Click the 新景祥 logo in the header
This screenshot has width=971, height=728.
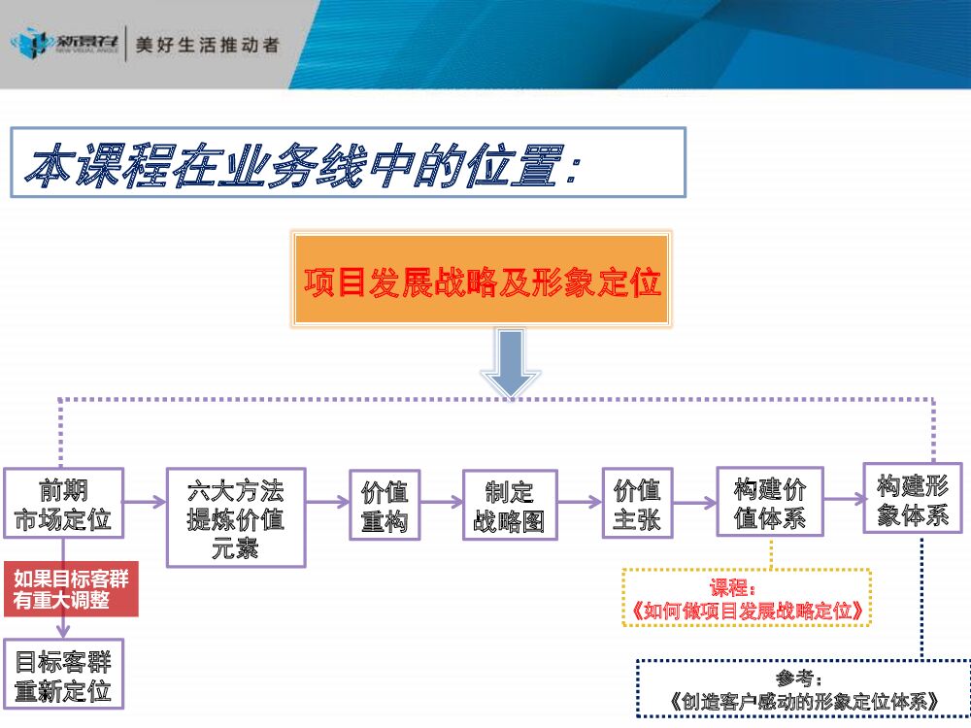[x=64, y=44]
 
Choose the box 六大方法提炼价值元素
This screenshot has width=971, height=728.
[x=236, y=517]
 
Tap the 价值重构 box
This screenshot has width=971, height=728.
[x=385, y=505]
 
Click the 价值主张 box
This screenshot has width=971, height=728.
[x=637, y=503]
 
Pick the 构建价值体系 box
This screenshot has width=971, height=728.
[x=770, y=502]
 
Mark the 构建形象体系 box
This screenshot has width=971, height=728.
[x=912, y=499]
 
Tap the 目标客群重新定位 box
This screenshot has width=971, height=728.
[x=63, y=676]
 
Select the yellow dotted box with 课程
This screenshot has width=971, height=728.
[x=747, y=598]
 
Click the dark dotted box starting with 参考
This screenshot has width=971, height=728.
[x=803, y=688]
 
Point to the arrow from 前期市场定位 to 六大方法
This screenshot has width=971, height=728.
[x=146, y=502]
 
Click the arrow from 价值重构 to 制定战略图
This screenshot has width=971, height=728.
[x=441, y=502]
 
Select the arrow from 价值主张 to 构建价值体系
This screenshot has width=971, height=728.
[x=693, y=502]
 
